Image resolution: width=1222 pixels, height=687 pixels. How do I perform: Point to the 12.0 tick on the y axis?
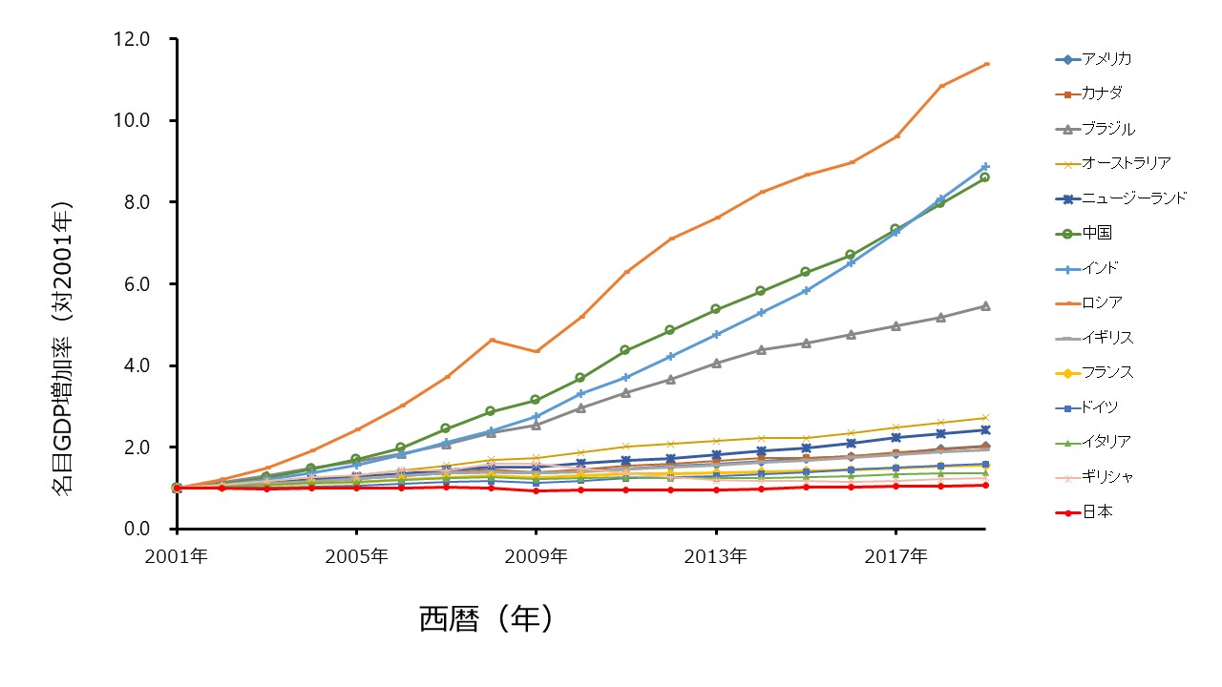point(131,39)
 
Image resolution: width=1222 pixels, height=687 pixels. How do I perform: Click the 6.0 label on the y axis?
point(137,284)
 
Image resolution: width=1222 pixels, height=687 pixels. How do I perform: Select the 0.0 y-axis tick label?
point(137,529)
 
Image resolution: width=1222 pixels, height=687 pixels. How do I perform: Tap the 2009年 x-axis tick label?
point(536,556)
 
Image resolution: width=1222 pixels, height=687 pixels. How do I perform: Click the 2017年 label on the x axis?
point(895,556)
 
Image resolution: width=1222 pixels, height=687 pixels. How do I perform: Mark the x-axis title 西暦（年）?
point(486,619)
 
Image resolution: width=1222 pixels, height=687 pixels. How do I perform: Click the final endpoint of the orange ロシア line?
point(987,64)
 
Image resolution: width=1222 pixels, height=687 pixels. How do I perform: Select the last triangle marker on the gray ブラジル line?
point(985,306)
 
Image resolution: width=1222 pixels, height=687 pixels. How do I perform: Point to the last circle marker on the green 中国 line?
point(984,177)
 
